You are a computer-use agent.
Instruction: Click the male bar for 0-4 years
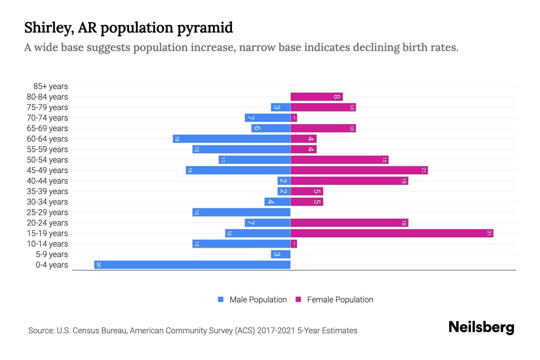pos(192,265)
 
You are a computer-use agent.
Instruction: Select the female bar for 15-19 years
pos(391,233)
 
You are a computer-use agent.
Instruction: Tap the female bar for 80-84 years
pos(316,97)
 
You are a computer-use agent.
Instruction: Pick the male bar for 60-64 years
pos(232,139)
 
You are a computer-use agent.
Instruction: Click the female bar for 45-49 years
pos(359,170)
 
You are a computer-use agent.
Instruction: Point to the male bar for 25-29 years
pos(241,212)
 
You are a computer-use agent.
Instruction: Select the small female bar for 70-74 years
pos(294,118)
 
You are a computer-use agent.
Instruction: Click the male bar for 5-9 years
pos(281,254)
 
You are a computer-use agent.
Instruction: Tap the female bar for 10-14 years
pos(294,244)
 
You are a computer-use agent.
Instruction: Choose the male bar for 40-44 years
pos(284,181)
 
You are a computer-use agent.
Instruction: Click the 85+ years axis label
pos(51,86)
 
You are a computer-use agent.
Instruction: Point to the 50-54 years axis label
pos(47,160)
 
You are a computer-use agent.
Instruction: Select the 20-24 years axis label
pos(47,223)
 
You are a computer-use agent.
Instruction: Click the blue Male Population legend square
pos(221,299)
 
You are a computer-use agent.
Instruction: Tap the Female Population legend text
pos(340,300)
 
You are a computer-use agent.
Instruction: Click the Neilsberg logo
pos(481,327)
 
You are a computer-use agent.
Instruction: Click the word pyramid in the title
pos(205,28)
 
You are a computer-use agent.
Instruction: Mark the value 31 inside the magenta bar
pos(489,233)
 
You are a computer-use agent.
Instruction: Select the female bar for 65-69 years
pos(323,128)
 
